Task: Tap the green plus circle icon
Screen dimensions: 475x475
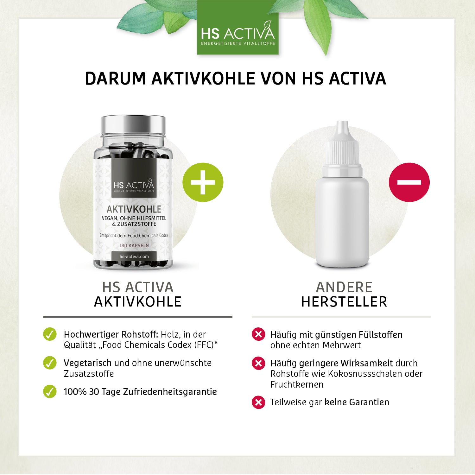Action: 203,182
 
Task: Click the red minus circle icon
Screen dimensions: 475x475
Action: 409,182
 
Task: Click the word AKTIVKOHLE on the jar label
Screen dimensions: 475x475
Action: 134,209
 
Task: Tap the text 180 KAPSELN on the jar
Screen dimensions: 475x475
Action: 134,245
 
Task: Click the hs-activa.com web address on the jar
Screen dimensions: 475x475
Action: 134,256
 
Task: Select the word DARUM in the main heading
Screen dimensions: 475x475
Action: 115,79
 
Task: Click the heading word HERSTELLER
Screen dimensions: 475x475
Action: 344,302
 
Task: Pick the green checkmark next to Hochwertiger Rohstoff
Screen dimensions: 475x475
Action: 50,334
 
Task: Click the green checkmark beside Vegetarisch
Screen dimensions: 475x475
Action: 50,363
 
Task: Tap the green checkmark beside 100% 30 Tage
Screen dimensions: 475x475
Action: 50,391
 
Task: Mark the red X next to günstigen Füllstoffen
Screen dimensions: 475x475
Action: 258,334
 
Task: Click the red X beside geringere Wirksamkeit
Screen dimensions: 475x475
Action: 258,363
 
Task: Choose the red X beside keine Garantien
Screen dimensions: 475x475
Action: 258,402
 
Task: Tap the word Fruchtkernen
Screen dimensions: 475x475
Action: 297,384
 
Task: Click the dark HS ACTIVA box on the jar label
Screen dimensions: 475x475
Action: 134,177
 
